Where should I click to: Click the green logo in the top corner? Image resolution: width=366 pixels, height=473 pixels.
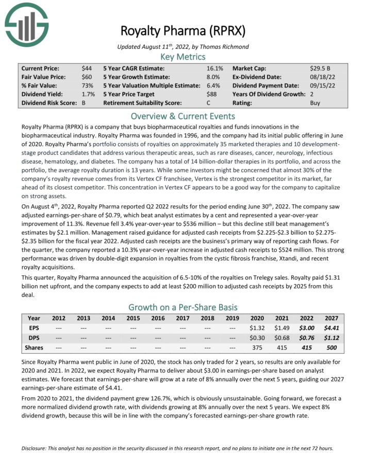point(26,24)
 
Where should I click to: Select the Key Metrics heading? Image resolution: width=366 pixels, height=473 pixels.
point(183,57)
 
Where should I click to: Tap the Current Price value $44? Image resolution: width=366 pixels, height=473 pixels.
point(87,68)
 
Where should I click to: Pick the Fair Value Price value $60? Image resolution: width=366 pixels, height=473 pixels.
point(87,77)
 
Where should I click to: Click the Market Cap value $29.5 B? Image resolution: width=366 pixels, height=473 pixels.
point(321,68)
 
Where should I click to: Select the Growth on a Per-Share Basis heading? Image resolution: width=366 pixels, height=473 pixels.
point(183,307)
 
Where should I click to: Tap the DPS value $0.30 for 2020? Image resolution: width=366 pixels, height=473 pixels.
point(256,337)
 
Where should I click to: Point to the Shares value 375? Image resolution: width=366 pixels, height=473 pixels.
point(256,347)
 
